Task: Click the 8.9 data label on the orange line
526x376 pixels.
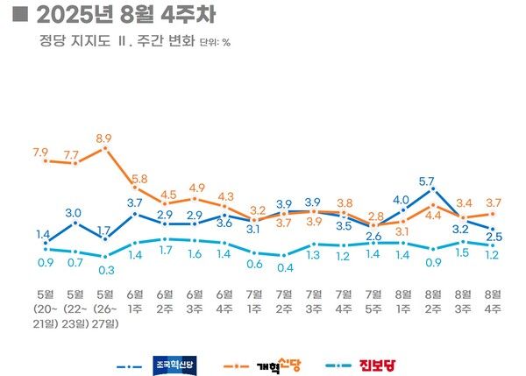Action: click(x=104, y=138)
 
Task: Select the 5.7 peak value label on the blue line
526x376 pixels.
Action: click(x=427, y=181)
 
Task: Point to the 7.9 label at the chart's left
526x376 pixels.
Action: click(x=41, y=153)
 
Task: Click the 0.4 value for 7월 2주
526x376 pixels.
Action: click(x=284, y=267)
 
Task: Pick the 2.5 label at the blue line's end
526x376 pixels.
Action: click(x=494, y=237)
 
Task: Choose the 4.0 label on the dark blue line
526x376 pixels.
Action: click(x=402, y=199)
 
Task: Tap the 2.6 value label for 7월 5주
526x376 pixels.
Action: click(x=373, y=237)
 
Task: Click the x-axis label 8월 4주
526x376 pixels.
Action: click(x=493, y=300)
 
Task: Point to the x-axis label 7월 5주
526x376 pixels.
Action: click(x=374, y=300)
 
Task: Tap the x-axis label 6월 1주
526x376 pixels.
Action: click(x=135, y=300)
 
